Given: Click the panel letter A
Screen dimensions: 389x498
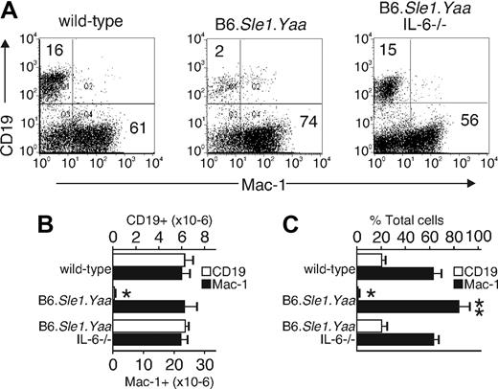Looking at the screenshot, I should coord(11,11).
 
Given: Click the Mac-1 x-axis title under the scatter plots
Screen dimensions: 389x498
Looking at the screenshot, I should coord(262,180).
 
